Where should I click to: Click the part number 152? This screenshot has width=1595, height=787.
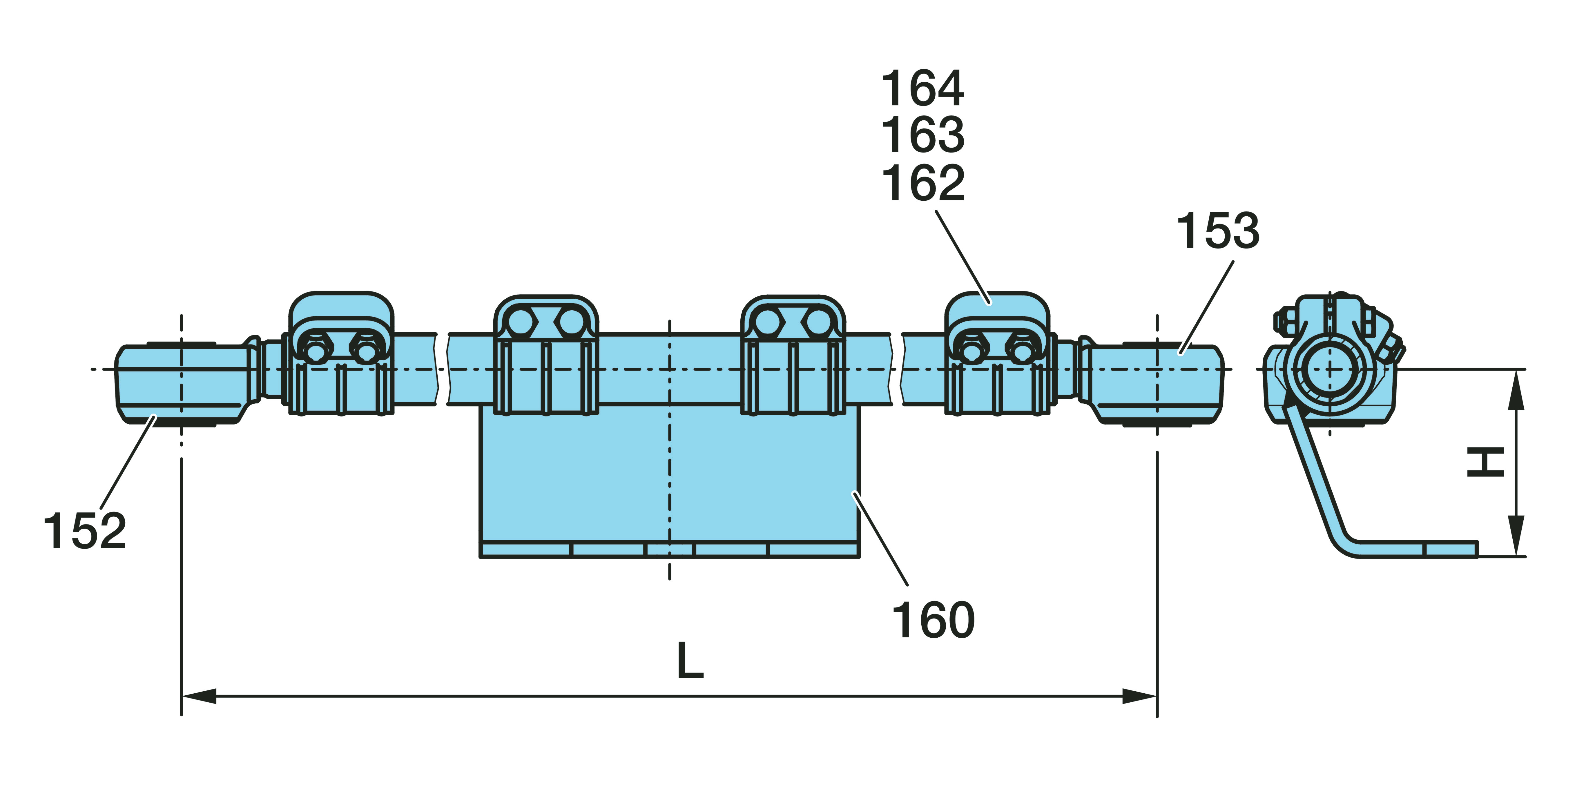(x=85, y=531)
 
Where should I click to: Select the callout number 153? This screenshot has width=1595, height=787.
(x=1217, y=231)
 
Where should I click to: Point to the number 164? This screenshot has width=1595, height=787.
(x=922, y=88)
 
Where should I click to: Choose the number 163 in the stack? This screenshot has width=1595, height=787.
(x=922, y=135)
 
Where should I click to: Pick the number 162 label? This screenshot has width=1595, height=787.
(x=922, y=183)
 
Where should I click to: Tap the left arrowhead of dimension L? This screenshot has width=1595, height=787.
(x=198, y=696)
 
